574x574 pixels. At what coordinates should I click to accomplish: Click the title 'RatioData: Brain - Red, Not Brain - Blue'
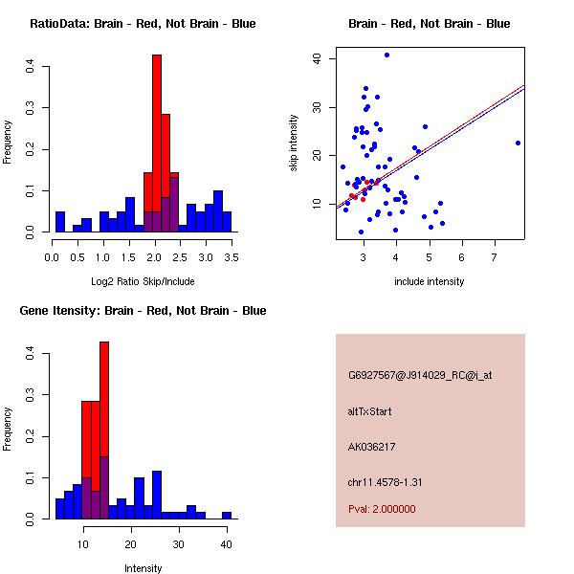(143, 24)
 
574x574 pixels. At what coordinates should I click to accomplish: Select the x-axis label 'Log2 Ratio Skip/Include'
(143, 281)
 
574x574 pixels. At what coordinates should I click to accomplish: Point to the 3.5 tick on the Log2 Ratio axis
(232, 257)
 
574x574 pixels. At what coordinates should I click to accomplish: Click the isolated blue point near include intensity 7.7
(518, 143)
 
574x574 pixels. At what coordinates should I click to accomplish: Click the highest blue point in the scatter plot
(386, 55)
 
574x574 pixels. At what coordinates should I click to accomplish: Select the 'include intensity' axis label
(430, 281)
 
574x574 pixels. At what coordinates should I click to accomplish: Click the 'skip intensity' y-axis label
(294, 143)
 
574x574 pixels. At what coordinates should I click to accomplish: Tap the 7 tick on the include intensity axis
(495, 257)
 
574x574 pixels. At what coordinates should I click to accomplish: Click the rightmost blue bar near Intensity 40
(227, 515)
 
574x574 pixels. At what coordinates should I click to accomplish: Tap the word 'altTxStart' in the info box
(369, 411)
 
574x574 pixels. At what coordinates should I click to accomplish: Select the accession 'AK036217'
(372, 447)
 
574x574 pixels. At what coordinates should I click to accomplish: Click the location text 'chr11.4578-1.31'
(386, 481)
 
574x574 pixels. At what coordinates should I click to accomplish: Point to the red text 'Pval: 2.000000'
(382, 509)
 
